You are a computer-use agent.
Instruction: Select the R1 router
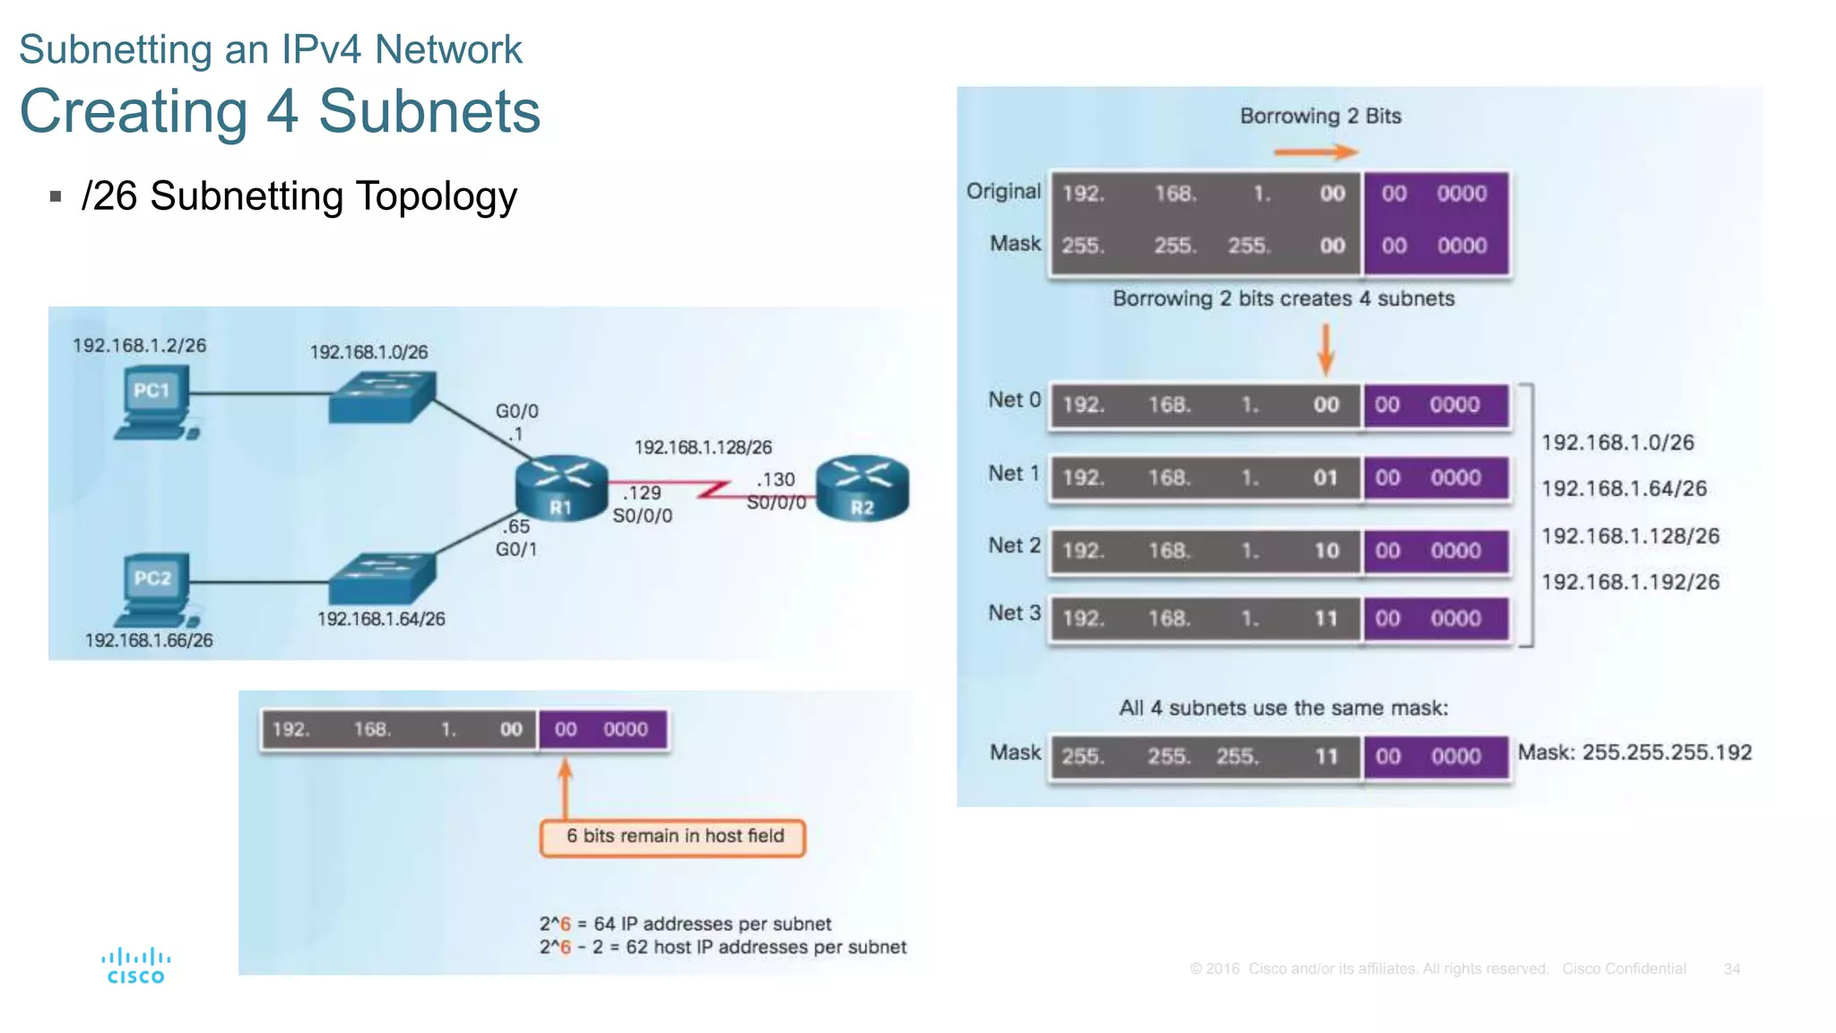click(x=561, y=489)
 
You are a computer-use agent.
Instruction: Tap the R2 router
click(x=862, y=489)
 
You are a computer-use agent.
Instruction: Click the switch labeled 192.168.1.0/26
click(x=382, y=397)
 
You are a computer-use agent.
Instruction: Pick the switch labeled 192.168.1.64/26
click(x=382, y=578)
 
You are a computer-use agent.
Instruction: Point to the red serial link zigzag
click(x=714, y=490)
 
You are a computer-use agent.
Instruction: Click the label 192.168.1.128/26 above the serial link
click(x=703, y=447)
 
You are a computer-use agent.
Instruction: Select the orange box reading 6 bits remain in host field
click(x=673, y=837)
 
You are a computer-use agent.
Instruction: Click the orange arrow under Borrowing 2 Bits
click(x=1316, y=152)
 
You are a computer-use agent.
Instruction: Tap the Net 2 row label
click(x=1014, y=545)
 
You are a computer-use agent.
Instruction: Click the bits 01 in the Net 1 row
click(x=1325, y=478)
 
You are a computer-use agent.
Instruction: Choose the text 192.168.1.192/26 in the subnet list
click(x=1630, y=582)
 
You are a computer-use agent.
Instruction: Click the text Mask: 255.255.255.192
click(x=1633, y=752)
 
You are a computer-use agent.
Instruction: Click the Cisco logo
click(x=135, y=966)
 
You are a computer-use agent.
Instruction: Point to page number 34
click(x=1731, y=969)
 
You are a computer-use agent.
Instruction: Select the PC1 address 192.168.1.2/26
click(x=139, y=345)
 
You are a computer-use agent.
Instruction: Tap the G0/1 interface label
click(x=516, y=549)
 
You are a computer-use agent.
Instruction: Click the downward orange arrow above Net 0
click(x=1325, y=350)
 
